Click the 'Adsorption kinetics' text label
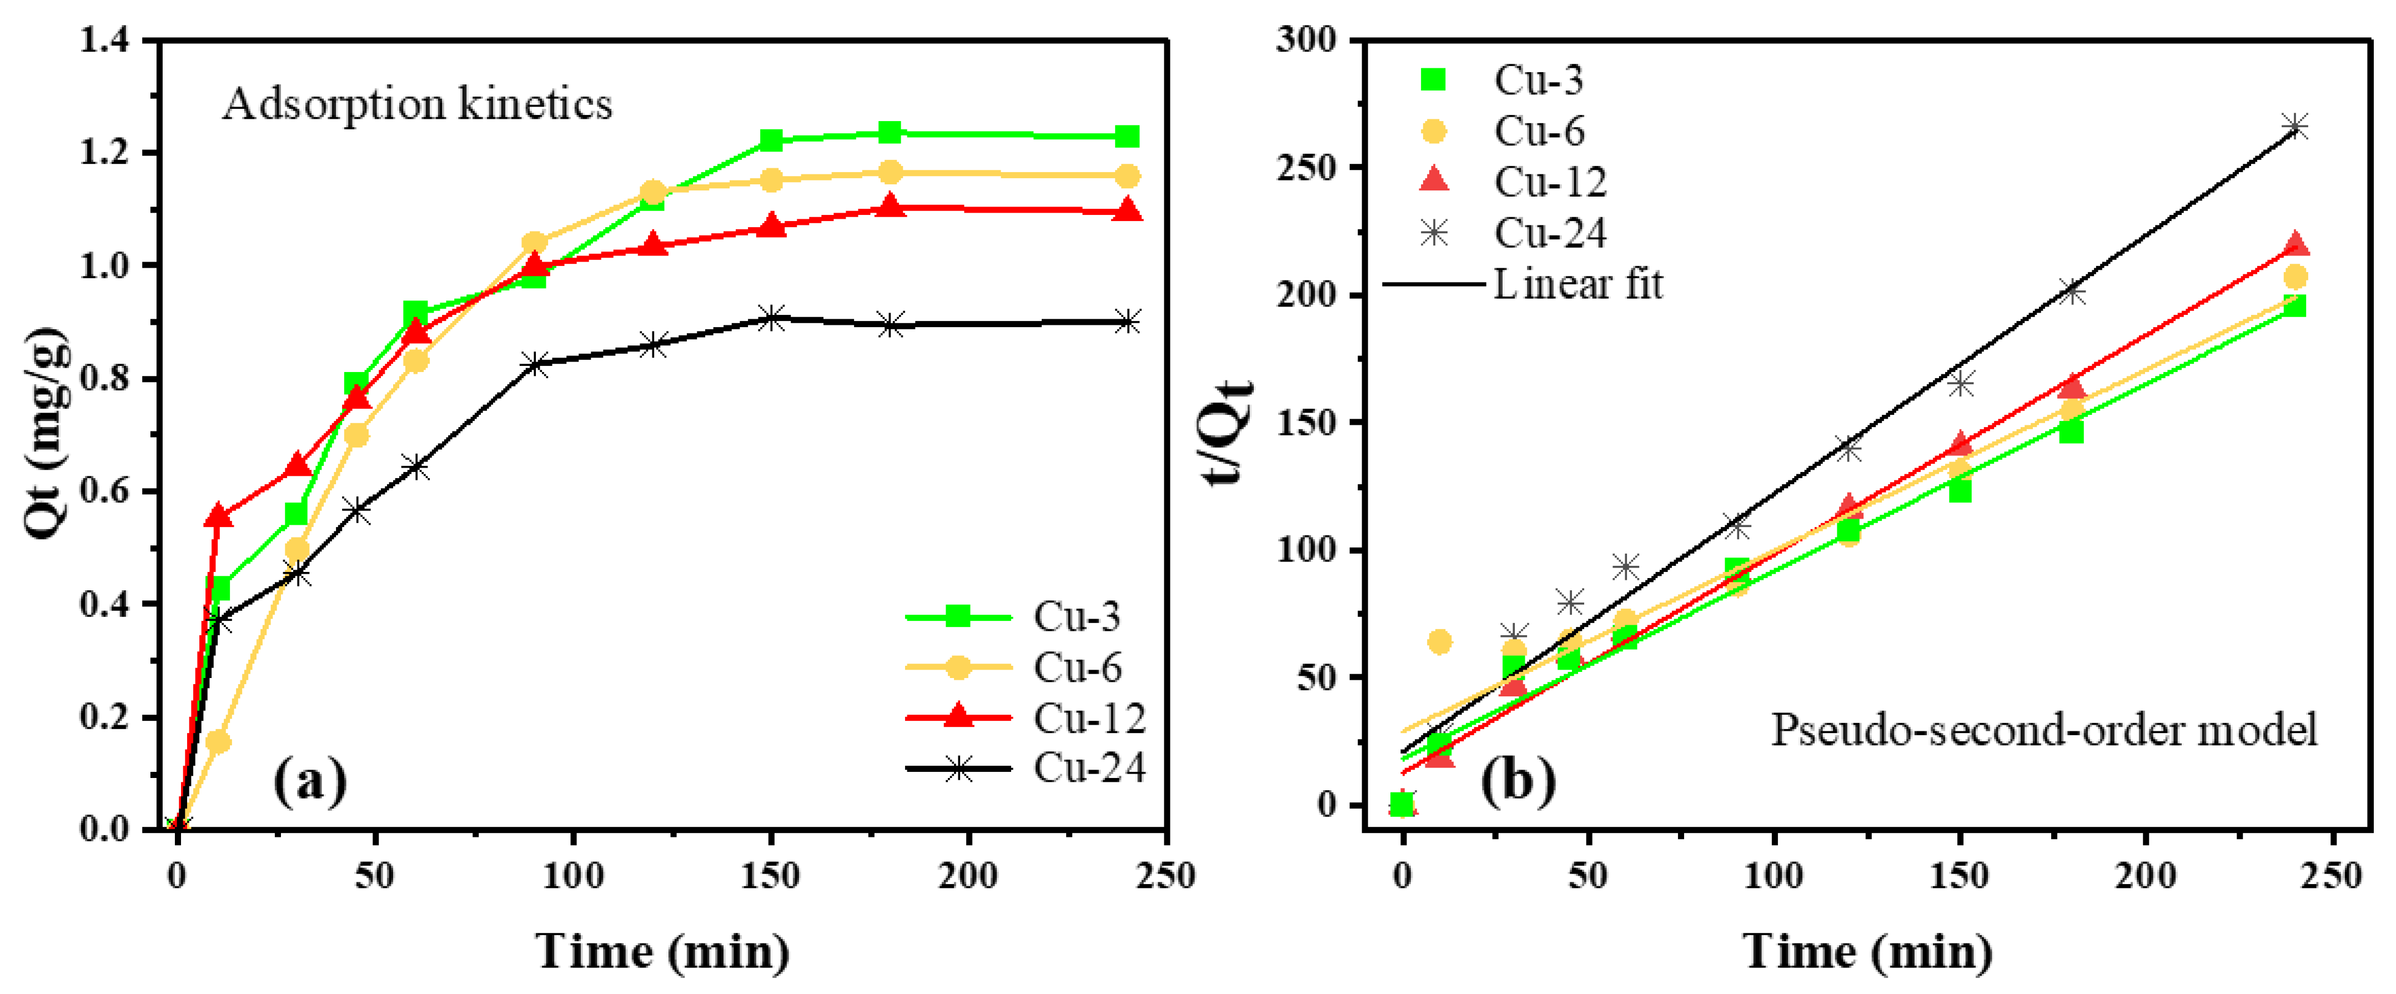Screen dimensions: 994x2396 click(418, 103)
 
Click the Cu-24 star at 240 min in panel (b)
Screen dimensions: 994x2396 click(2294, 127)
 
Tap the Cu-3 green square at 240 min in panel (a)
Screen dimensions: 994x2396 click(1127, 137)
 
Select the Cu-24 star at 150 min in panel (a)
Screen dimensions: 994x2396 click(771, 318)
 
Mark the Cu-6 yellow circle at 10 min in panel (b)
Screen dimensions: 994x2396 click(1439, 641)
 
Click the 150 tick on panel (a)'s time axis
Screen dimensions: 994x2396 click(771, 876)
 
